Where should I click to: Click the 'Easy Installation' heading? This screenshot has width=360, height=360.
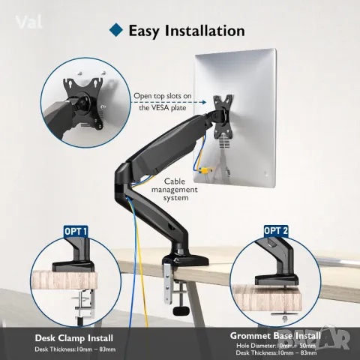pos(187,31)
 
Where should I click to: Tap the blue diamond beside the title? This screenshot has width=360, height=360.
pos(115,31)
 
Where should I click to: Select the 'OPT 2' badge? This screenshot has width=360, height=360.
pos(276,229)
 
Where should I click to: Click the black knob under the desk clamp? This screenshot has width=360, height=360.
pos(180,310)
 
